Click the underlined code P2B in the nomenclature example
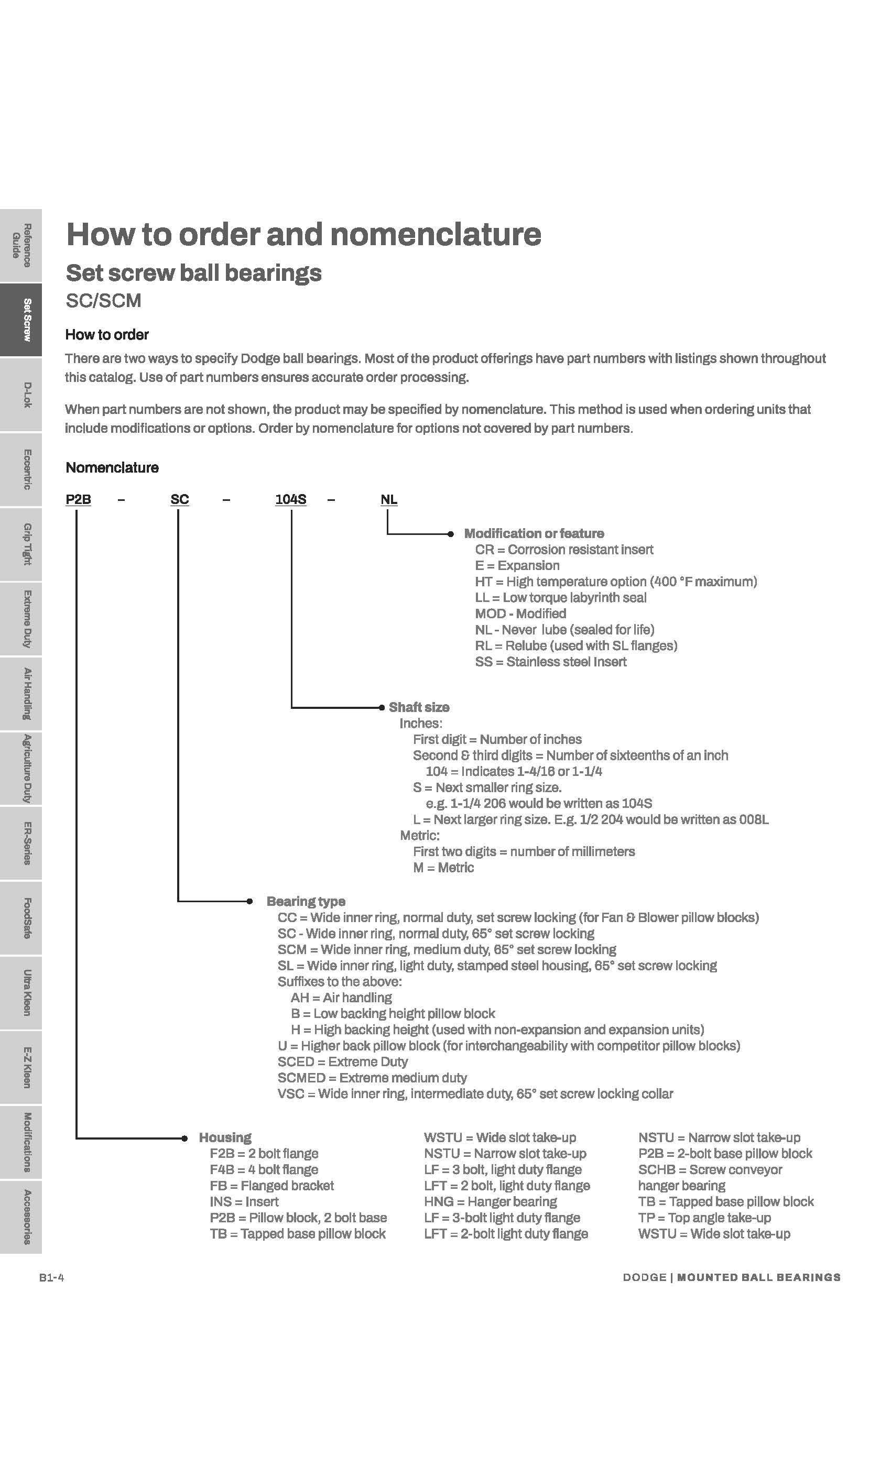coord(78,499)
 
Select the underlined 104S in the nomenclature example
coord(291,499)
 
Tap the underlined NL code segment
coord(389,499)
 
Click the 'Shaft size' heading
coord(419,707)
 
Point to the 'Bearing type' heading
coord(306,901)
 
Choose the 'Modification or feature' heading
coord(534,533)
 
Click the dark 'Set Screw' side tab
coord(21,320)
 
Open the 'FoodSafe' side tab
coord(21,918)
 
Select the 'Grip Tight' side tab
coord(21,544)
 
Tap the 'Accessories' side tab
coord(21,1217)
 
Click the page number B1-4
coord(52,1278)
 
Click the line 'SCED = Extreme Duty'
coord(342,1061)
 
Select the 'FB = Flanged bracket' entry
coord(271,1185)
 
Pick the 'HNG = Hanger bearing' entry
coord(490,1201)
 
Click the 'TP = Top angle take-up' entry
coord(704,1218)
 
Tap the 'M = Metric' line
coord(443,868)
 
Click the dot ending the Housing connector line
coord(184,1138)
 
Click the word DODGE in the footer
coord(644,1278)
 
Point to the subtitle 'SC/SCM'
coord(103,301)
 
